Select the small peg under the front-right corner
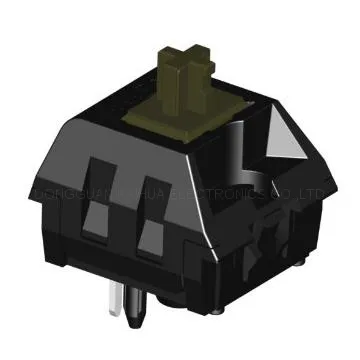coord(251,290)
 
